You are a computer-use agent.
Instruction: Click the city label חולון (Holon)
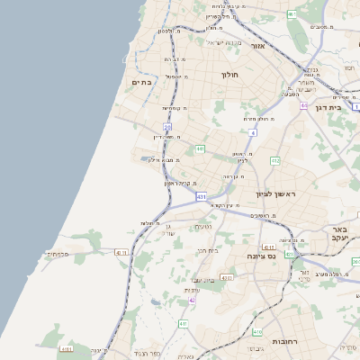[x=229, y=75]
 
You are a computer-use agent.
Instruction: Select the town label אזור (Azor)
[x=256, y=45]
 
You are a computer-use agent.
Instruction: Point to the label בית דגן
[x=329, y=107]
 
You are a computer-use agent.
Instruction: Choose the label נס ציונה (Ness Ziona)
[x=262, y=256]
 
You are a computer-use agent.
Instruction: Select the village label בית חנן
[x=208, y=250]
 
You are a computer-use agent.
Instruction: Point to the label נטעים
[x=204, y=227]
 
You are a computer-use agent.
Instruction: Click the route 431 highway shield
[x=200, y=195]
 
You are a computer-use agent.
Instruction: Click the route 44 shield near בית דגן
[x=305, y=105]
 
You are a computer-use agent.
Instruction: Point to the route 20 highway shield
[x=167, y=127]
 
